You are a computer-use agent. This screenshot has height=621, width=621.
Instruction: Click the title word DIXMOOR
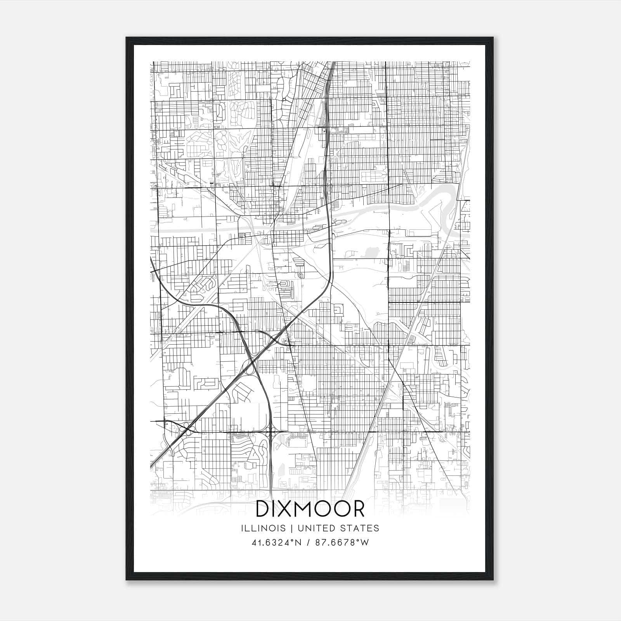(x=310, y=509)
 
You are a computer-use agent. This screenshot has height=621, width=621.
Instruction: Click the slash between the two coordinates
(x=308, y=543)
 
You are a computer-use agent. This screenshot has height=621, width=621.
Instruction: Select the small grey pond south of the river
(x=372, y=253)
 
